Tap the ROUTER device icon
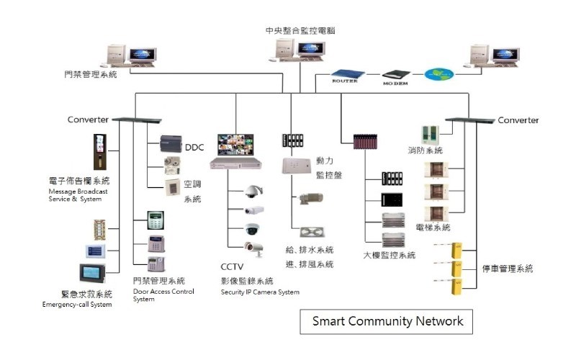[x=349, y=74]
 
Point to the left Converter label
[x=88, y=120]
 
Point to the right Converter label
[x=518, y=120]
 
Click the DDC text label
[x=194, y=148]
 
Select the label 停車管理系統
[x=508, y=269]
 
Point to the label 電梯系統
[x=433, y=228]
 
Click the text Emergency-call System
[x=77, y=305]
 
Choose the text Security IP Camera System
[x=260, y=292]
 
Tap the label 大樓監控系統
[x=390, y=255]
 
